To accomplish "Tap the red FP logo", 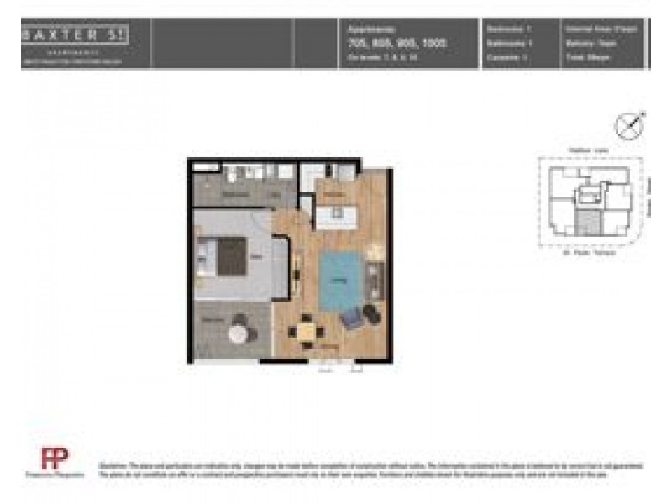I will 54,459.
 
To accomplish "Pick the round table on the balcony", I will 240,333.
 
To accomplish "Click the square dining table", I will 307,331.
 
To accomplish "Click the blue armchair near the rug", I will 351,318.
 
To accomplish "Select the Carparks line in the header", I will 507,57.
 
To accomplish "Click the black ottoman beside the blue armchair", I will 370,314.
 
